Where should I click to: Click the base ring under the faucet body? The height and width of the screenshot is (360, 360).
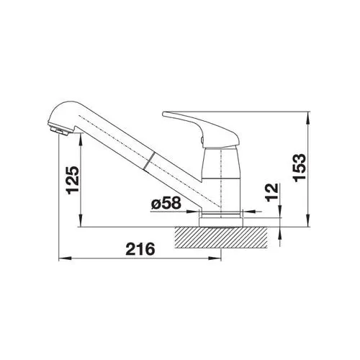[222, 215]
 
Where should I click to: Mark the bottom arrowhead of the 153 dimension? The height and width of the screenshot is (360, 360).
[309, 222]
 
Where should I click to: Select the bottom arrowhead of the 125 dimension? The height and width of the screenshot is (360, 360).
[85, 222]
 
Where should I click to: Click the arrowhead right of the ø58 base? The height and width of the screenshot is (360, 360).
[248, 212]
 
